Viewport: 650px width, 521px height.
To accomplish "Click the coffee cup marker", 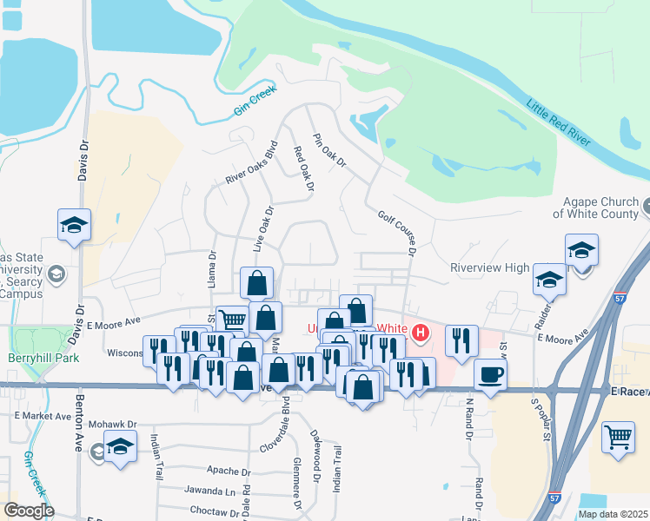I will click(x=491, y=374).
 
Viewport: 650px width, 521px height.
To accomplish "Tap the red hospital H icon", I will click(x=421, y=333).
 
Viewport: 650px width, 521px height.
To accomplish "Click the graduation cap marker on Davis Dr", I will click(x=75, y=226).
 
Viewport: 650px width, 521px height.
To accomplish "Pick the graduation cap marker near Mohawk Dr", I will click(x=120, y=448).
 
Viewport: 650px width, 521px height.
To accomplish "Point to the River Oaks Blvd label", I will click(x=251, y=162).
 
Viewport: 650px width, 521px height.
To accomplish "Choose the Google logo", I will click(x=30, y=511).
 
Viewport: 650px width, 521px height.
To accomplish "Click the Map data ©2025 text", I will click(x=613, y=514).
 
